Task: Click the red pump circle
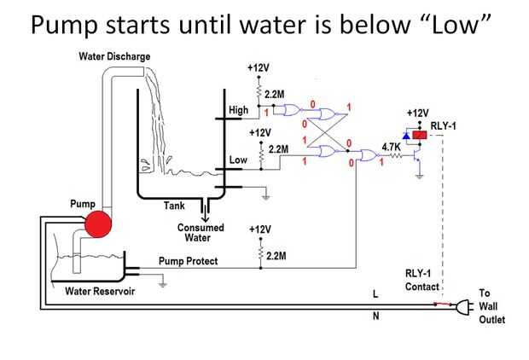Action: tap(98, 224)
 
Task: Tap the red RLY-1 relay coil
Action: tap(420, 136)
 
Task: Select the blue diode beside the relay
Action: tap(406, 136)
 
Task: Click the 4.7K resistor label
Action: tap(391, 147)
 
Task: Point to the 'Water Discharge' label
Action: tap(114, 56)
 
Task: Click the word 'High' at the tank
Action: tap(239, 110)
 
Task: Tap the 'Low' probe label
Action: tap(238, 160)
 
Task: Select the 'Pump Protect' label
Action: tap(188, 261)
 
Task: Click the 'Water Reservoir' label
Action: tap(100, 291)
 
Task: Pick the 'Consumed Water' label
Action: tap(201, 233)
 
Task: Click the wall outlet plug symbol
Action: tap(463, 307)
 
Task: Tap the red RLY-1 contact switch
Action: tap(443, 305)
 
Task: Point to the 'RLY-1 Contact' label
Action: tap(422, 280)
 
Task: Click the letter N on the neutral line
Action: tap(375, 316)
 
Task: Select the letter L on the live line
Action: tap(375, 294)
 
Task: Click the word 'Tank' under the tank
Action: tap(174, 206)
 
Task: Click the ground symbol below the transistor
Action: tap(419, 176)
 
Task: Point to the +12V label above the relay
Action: tap(418, 113)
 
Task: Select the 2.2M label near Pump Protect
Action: tap(276, 256)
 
